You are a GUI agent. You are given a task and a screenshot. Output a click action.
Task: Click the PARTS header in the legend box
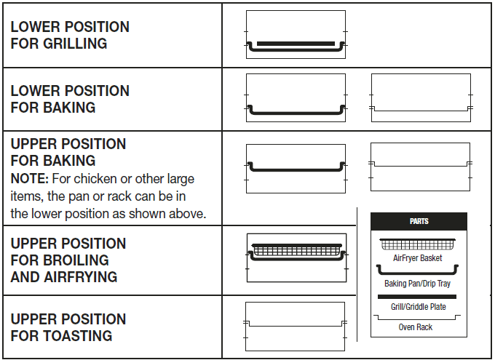point(419,221)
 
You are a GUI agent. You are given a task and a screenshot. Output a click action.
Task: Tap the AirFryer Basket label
point(418,258)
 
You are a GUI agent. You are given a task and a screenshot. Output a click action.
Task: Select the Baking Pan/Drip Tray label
point(418,284)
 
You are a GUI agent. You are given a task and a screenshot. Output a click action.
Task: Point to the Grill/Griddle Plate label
point(418,307)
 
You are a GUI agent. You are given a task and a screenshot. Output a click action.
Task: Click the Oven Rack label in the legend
point(416,327)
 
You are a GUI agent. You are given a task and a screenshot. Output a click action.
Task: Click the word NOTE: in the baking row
point(29,178)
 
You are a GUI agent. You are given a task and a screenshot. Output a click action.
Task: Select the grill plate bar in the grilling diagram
point(296,44)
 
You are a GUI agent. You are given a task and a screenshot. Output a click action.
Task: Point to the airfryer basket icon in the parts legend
point(418,244)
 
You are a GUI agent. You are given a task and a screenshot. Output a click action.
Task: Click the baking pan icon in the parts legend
point(418,270)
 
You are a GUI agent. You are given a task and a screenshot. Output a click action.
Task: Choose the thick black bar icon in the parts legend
point(418,297)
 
